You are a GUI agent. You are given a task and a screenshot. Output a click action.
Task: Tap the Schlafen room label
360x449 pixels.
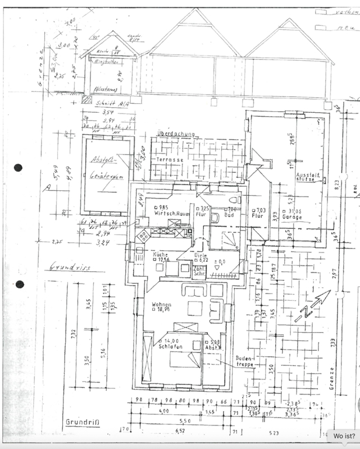[170, 347]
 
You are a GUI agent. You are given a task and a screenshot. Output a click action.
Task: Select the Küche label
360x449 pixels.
[161, 254]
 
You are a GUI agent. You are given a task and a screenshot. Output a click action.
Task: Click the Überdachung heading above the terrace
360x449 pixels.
[176, 135]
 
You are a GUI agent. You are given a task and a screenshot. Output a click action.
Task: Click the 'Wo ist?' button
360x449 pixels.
[343, 436]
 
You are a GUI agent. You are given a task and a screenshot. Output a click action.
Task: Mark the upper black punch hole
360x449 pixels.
[19, 167]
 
